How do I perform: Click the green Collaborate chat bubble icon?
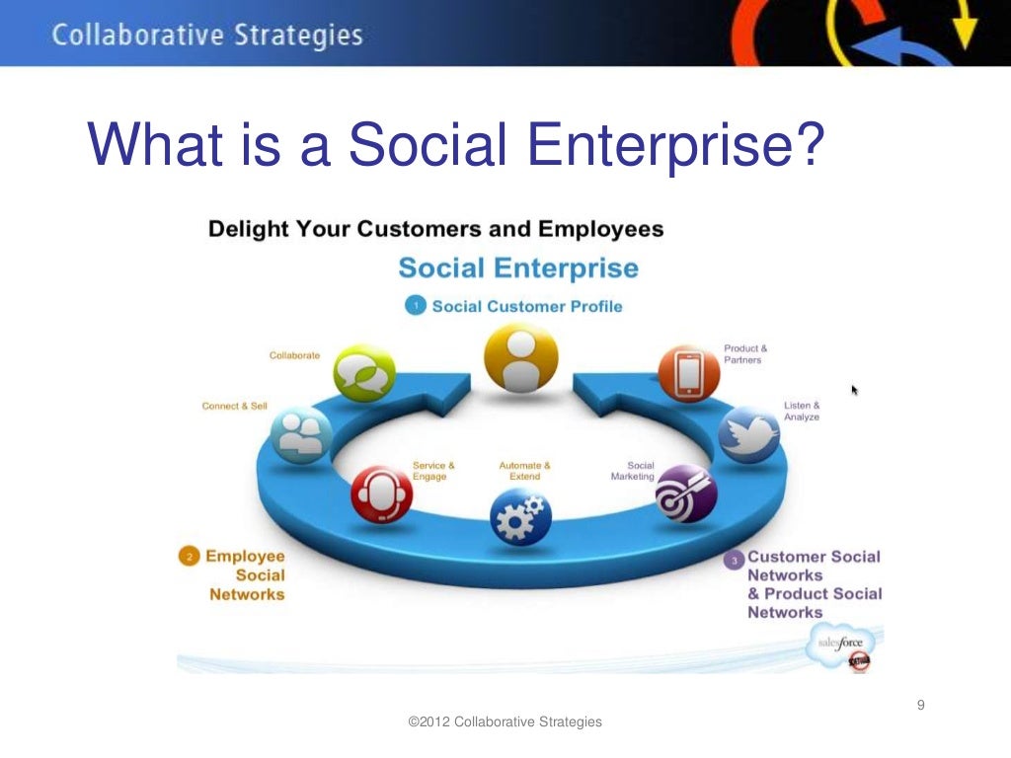(364, 373)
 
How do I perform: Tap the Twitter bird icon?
(749, 435)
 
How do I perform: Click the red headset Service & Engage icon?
(381, 494)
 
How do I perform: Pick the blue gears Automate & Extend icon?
(521, 516)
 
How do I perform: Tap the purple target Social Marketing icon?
(687, 493)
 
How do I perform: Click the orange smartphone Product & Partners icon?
(688, 373)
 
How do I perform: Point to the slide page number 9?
(921, 704)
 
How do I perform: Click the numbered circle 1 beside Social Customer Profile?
(416, 306)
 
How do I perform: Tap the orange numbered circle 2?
(188, 557)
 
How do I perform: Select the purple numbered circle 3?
(733, 561)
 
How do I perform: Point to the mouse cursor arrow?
(855, 391)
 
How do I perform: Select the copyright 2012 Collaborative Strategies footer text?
(505, 722)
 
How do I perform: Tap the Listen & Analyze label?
(801, 412)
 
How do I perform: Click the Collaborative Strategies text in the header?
(207, 37)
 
